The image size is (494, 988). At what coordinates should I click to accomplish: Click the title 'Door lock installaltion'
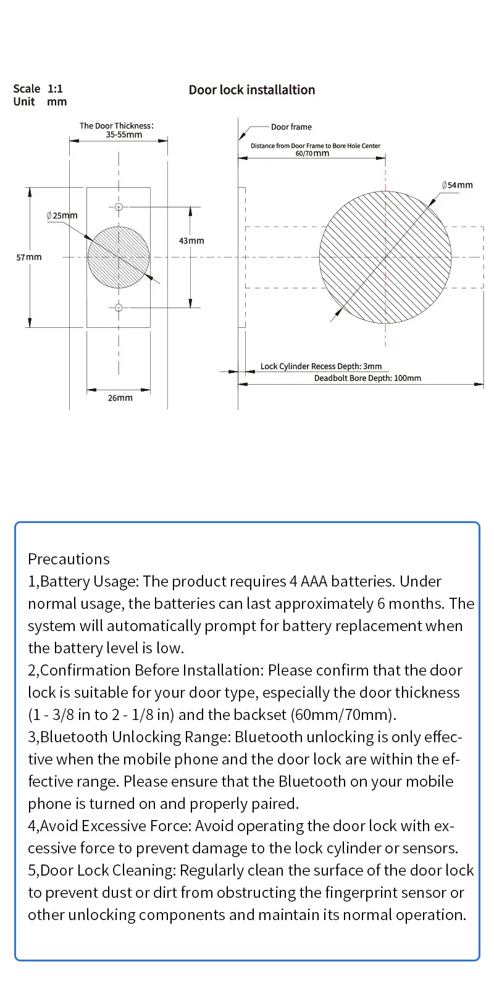point(252,90)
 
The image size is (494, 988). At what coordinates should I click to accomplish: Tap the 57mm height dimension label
point(29,257)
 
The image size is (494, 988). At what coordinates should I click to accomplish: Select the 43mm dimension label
point(191,241)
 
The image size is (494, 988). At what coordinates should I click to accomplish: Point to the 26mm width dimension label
point(120,398)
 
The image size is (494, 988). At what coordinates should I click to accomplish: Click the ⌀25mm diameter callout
point(62,216)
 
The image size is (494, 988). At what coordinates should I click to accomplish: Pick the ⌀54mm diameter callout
point(458,185)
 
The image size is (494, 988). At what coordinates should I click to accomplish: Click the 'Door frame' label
point(291,127)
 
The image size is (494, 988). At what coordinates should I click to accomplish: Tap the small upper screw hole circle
point(119,207)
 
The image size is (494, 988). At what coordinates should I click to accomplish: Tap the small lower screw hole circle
point(119,308)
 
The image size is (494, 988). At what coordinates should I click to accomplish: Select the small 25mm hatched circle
point(119,257)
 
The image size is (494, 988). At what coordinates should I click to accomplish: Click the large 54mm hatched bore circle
point(385,257)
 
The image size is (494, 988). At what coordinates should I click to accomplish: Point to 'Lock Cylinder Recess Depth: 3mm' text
point(321,366)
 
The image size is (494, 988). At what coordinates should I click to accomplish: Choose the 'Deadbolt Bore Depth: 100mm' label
point(367,378)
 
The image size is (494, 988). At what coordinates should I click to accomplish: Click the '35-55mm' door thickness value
point(124,135)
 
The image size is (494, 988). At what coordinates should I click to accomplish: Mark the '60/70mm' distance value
point(312,153)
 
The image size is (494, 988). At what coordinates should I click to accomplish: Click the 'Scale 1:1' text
point(38,89)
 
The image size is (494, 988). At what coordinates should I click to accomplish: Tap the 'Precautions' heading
point(69,559)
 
